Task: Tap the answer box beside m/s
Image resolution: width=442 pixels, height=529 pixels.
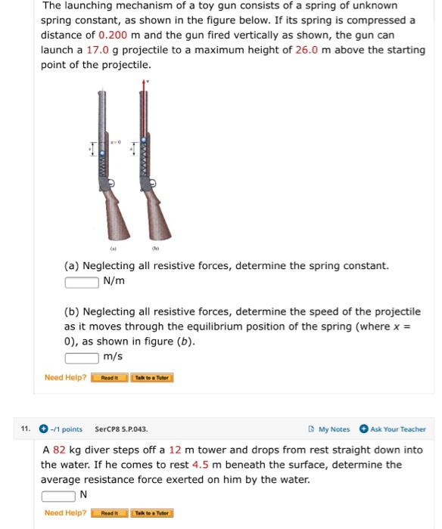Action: click(81, 357)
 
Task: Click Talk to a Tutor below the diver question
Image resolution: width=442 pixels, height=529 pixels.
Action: click(152, 513)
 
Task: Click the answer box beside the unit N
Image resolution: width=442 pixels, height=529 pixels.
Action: click(58, 496)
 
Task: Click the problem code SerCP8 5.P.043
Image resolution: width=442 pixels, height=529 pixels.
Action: click(121, 429)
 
